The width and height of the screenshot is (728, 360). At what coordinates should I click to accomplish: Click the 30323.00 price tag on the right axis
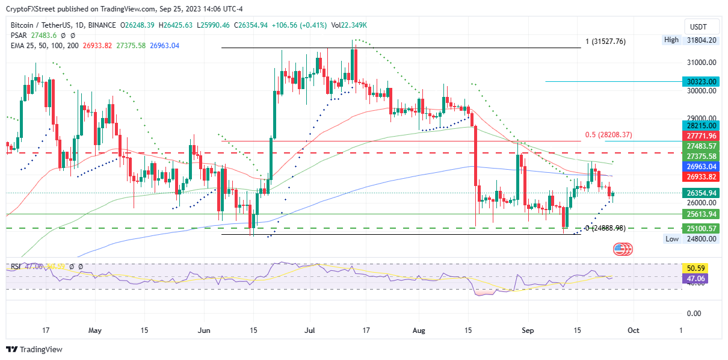tap(702, 81)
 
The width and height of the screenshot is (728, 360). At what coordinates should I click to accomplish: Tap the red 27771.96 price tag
tap(702, 136)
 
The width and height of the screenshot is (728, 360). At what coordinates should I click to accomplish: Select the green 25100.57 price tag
tap(702, 228)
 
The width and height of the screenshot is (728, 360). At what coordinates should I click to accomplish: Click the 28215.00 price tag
tap(702, 126)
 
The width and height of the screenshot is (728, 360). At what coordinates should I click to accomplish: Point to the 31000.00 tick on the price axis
tap(702, 62)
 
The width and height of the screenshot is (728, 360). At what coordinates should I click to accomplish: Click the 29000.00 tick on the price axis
tap(702, 118)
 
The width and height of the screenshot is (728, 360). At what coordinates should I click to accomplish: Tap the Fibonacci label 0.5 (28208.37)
tap(608, 135)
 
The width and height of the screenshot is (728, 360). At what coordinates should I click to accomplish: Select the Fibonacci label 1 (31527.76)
tap(605, 42)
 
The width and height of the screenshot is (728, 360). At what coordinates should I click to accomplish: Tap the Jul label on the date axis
tap(310, 330)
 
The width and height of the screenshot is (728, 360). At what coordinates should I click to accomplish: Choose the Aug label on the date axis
tap(420, 330)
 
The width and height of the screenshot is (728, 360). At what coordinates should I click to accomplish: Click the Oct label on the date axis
tap(632, 330)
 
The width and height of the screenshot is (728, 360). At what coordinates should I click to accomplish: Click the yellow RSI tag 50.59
tap(702, 268)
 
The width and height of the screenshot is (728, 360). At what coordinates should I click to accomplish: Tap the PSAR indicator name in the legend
tap(19, 36)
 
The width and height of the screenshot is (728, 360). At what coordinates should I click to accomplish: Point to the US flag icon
tap(621, 249)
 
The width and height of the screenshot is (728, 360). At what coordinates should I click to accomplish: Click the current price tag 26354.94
tap(702, 193)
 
